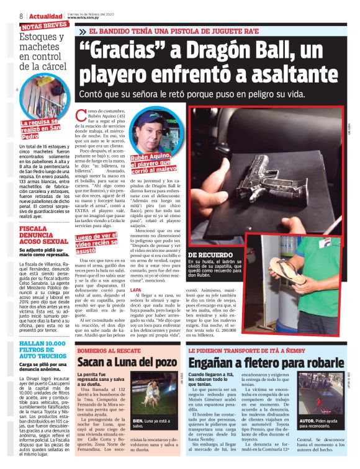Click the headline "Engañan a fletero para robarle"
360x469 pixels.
tap(266, 362)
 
